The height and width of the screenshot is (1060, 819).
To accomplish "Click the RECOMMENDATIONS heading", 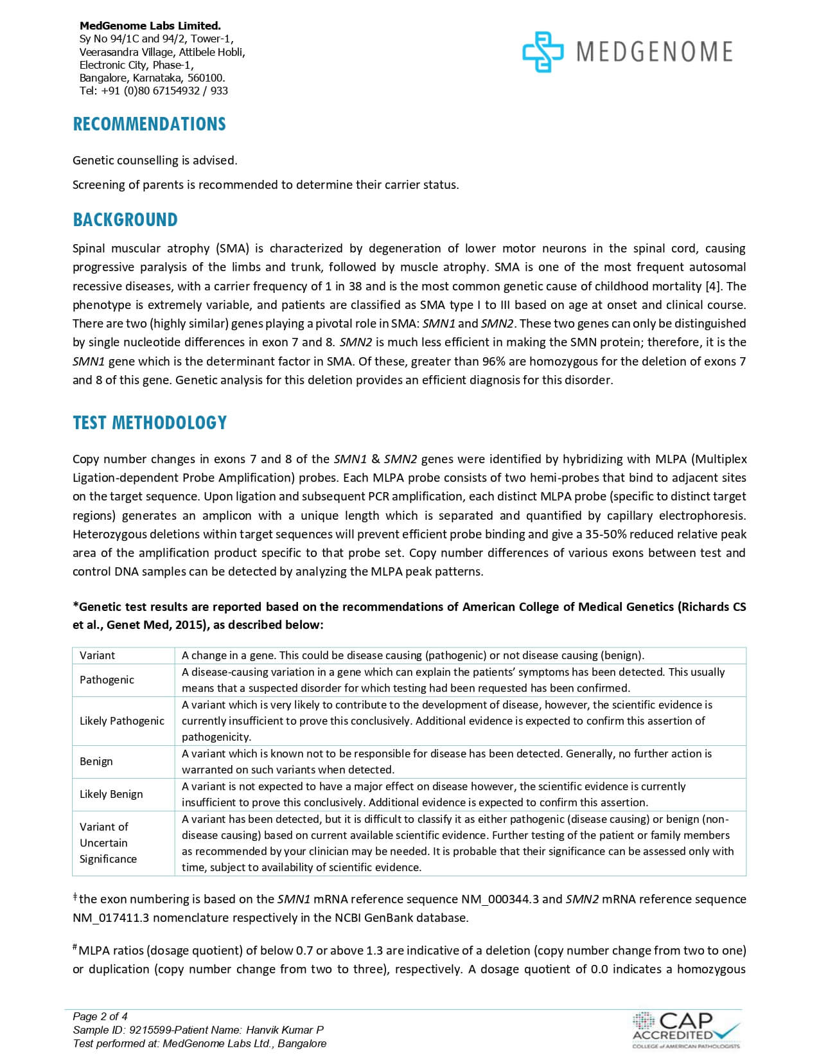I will point(149,124).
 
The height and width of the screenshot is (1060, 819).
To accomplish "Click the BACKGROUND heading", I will point(125,220).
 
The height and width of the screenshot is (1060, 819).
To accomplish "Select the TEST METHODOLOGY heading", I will point(150,423).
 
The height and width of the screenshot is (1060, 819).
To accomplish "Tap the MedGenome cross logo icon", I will point(542,52).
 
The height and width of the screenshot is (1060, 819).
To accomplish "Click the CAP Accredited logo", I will point(686,1029).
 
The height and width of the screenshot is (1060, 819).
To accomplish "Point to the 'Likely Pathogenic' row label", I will point(122,721).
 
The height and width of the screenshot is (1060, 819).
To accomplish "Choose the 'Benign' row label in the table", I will point(96,761).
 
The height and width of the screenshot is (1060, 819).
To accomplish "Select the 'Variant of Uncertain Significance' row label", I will point(108,843).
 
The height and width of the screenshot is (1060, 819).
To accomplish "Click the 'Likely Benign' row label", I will point(111,794).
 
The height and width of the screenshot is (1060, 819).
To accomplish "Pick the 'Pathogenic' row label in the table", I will point(107,680).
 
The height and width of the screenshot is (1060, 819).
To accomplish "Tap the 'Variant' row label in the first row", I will point(97,655).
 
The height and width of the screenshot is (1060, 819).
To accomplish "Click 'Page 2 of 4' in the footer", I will point(100,1016).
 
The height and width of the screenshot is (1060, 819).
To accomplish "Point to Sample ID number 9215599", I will point(151,1030).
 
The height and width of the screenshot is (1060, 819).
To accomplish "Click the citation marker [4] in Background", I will point(714,286).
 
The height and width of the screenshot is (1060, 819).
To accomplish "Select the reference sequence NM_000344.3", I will point(500,899).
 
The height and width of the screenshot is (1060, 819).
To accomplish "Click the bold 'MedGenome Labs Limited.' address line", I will point(150,26).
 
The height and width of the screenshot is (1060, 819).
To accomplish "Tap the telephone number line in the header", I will point(154,91).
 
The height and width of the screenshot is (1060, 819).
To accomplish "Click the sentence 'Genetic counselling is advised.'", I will point(155,160).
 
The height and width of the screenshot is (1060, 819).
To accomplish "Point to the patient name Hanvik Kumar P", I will point(283,1030).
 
